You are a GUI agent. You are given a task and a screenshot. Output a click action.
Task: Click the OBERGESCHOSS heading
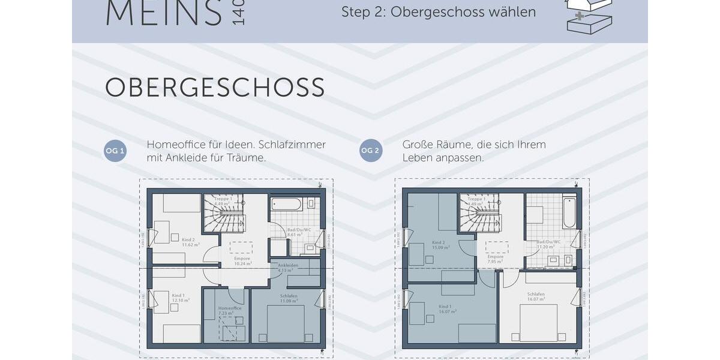click(x=215, y=88)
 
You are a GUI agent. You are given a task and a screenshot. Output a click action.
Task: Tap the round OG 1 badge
click(x=115, y=151)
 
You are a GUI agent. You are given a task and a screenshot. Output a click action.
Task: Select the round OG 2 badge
click(x=371, y=151)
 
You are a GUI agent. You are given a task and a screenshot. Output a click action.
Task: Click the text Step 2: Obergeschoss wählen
click(x=439, y=12)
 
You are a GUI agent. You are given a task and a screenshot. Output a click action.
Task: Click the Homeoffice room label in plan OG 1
click(x=230, y=310)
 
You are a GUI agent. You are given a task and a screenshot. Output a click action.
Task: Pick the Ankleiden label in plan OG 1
click(x=287, y=268)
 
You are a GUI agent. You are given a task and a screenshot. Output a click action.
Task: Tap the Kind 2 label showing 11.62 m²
click(x=190, y=242)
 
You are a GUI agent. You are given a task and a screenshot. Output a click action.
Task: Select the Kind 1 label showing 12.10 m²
click(x=181, y=298)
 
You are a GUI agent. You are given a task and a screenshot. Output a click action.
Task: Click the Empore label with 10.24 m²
click(x=242, y=261)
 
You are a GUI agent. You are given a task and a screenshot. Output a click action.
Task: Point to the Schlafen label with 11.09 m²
click(x=289, y=298)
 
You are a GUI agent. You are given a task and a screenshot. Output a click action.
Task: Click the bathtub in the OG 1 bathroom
click(x=286, y=204)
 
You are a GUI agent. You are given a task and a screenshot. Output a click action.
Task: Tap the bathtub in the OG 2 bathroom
click(x=569, y=211)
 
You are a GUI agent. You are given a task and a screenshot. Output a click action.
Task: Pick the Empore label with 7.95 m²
click(x=495, y=259)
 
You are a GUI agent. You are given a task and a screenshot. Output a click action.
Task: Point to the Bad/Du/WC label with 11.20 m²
click(x=548, y=244)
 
